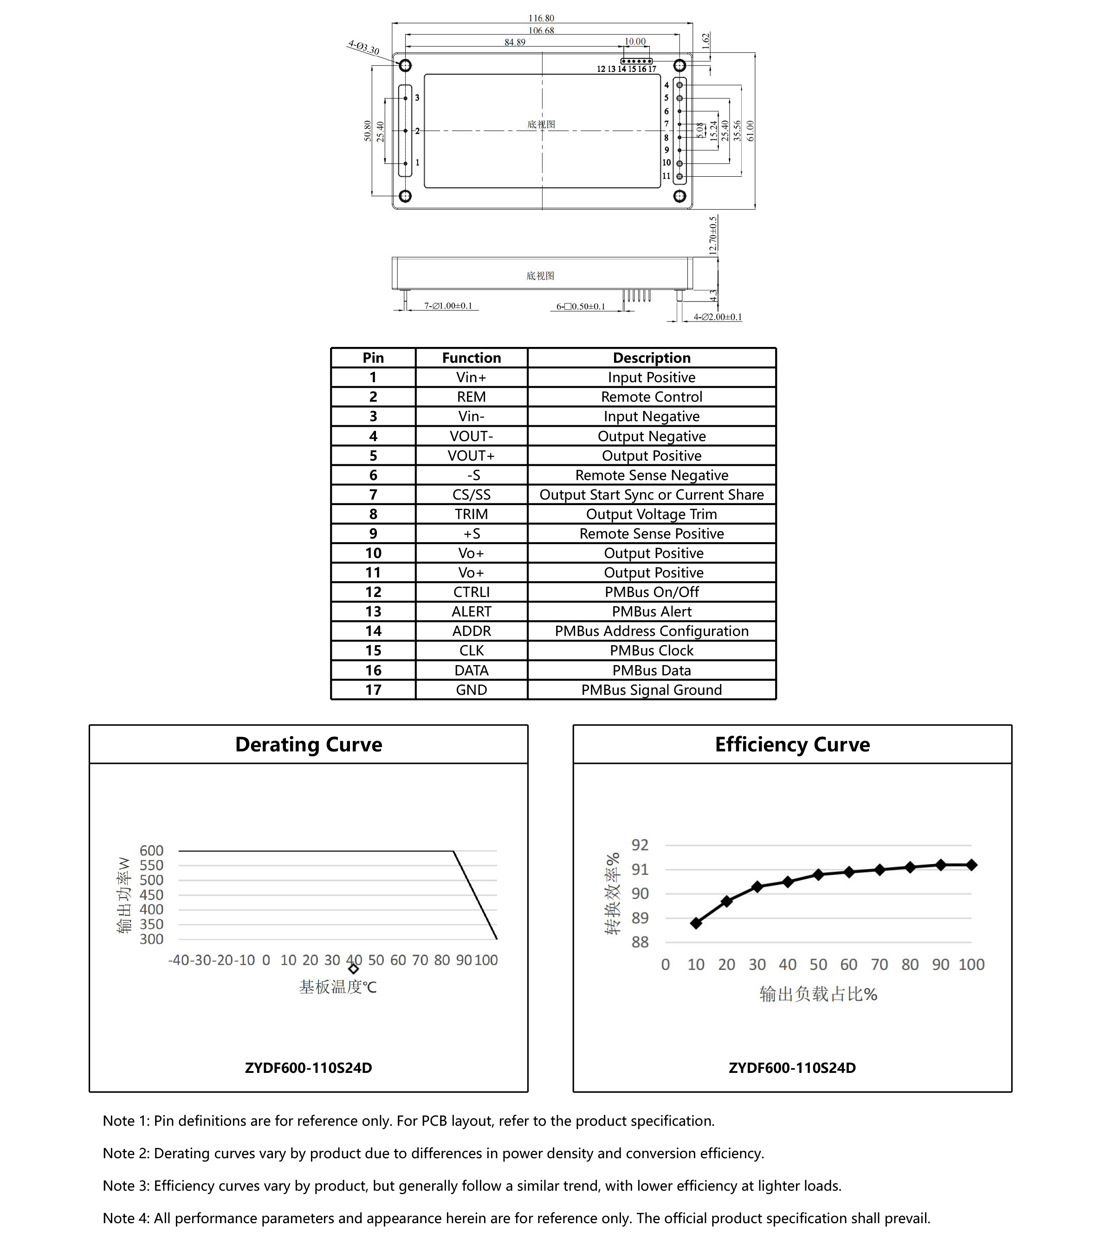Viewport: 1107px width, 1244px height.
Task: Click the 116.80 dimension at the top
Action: (541, 18)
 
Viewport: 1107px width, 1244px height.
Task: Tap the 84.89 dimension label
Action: (515, 42)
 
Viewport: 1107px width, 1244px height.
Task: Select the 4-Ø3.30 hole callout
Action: (363, 47)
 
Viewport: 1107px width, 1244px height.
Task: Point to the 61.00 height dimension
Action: (750, 130)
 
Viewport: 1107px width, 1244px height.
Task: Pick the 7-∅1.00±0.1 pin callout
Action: (448, 306)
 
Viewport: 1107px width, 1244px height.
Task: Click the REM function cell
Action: (471, 397)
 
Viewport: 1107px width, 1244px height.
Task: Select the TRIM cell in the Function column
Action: (471, 514)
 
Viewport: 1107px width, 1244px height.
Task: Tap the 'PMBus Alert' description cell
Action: (652, 612)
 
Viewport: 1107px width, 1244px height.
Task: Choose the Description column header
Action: (652, 358)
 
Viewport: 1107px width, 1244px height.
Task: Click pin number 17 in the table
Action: (373, 690)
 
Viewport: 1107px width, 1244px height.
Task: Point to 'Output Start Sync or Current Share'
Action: (652, 495)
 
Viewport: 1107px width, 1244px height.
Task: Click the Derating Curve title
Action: (309, 744)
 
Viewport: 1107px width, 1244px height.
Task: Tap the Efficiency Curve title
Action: (792, 744)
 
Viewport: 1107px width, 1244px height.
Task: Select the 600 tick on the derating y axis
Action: (152, 851)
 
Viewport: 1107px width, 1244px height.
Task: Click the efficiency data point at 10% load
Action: (696, 923)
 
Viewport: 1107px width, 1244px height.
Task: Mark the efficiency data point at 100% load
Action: (971, 865)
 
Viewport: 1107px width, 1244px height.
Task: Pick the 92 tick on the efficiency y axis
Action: (640, 845)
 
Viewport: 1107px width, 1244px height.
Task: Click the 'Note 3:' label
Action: (126, 1186)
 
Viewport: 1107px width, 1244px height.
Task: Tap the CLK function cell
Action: (471, 651)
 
